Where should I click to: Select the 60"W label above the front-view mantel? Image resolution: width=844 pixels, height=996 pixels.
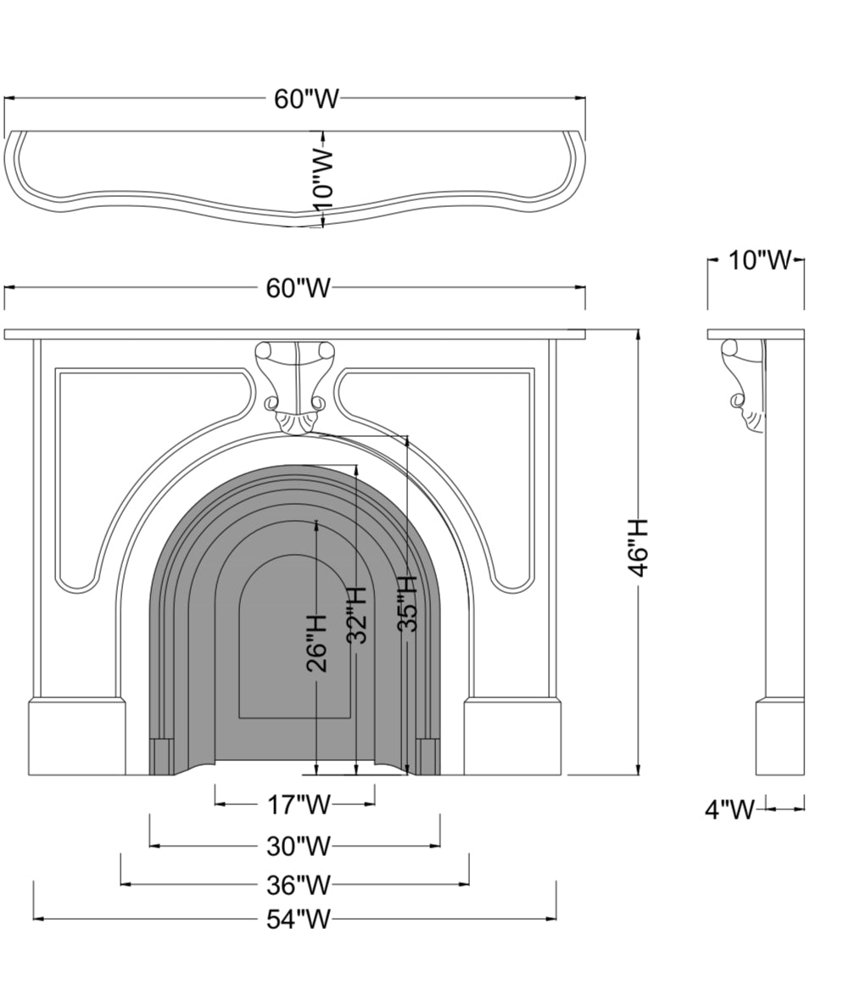[299, 288]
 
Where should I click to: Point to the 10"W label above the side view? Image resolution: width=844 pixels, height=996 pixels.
[759, 260]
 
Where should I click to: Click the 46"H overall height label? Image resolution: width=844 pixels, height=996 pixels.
[637, 548]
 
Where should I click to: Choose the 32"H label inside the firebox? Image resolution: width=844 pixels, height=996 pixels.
[358, 614]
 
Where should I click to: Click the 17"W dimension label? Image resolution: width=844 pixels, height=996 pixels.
[299, 805]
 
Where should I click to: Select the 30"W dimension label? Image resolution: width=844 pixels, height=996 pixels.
[299, 846]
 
